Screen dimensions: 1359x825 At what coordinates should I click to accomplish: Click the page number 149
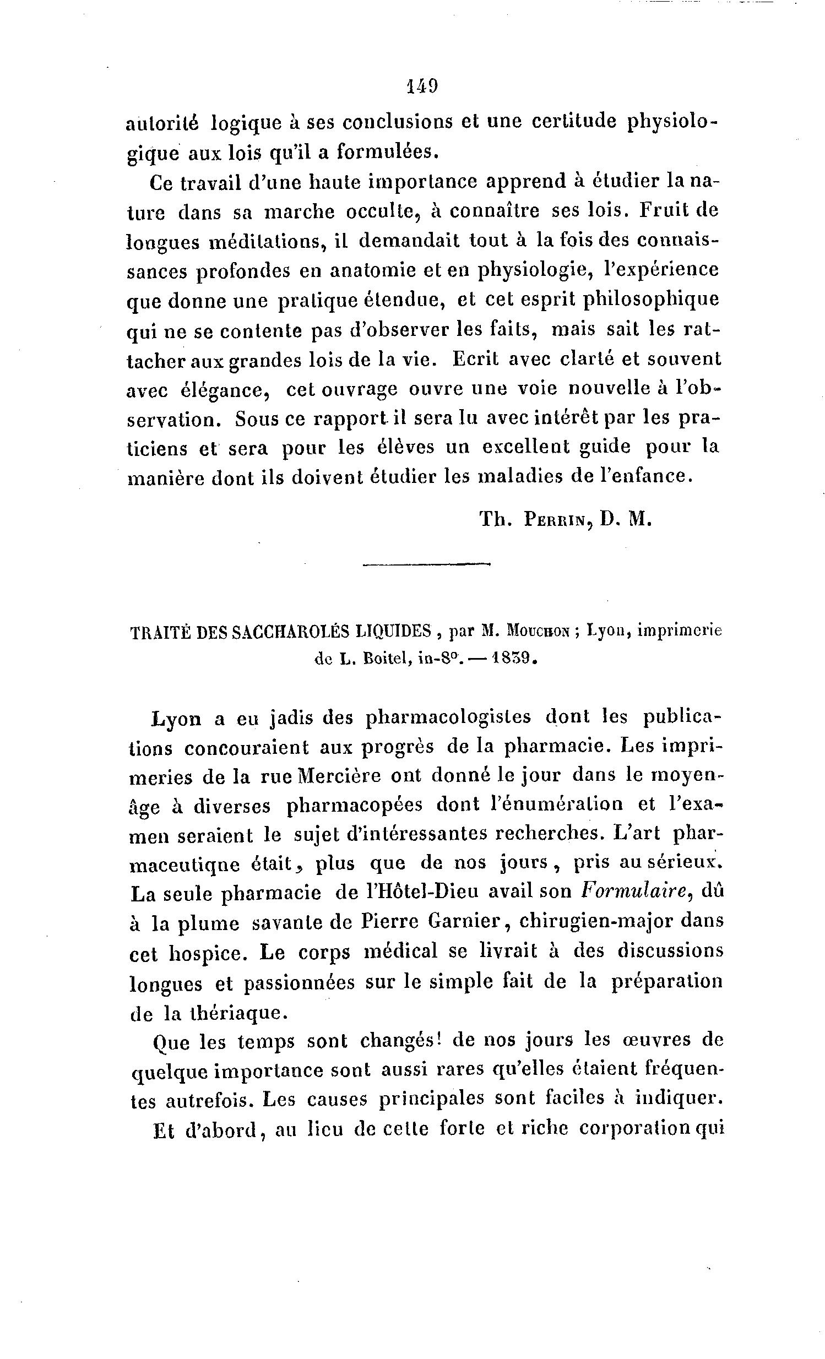click(422, 86)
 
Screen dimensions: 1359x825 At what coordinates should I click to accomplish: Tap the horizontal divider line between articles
click(426, 564)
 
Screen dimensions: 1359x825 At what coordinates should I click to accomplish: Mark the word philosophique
click(652, 301)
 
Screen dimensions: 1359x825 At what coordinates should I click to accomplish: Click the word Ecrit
click(475, 359)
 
